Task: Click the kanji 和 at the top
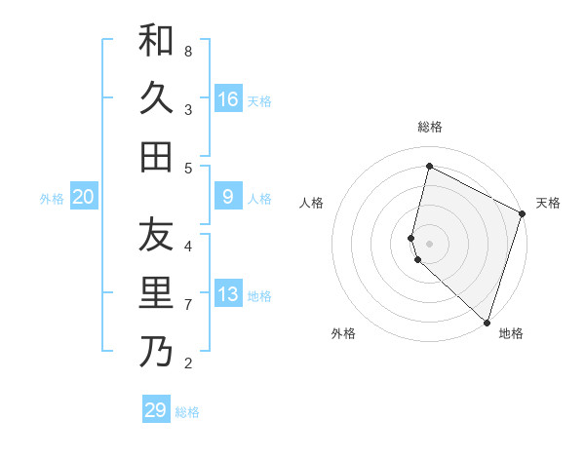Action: (156, 40)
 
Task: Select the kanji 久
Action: (156, 97)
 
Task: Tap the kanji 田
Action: (156, 156)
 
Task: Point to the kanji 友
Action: (156, 235)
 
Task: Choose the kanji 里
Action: (156, 293)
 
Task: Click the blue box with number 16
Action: (228, 99)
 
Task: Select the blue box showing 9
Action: (228, 197)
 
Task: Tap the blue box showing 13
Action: (228, 294)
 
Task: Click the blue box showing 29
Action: (156, 410)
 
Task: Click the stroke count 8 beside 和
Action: (188, 51)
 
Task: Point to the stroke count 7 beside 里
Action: (188, 305)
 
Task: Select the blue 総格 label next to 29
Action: (187, 412)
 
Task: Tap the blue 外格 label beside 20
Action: (52, 199)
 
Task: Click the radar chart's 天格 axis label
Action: (548, 203)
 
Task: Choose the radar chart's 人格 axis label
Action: (312, 203)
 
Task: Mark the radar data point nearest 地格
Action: (487, 321)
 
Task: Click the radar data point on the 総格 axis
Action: (429, 167)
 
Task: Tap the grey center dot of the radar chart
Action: (429, 240)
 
